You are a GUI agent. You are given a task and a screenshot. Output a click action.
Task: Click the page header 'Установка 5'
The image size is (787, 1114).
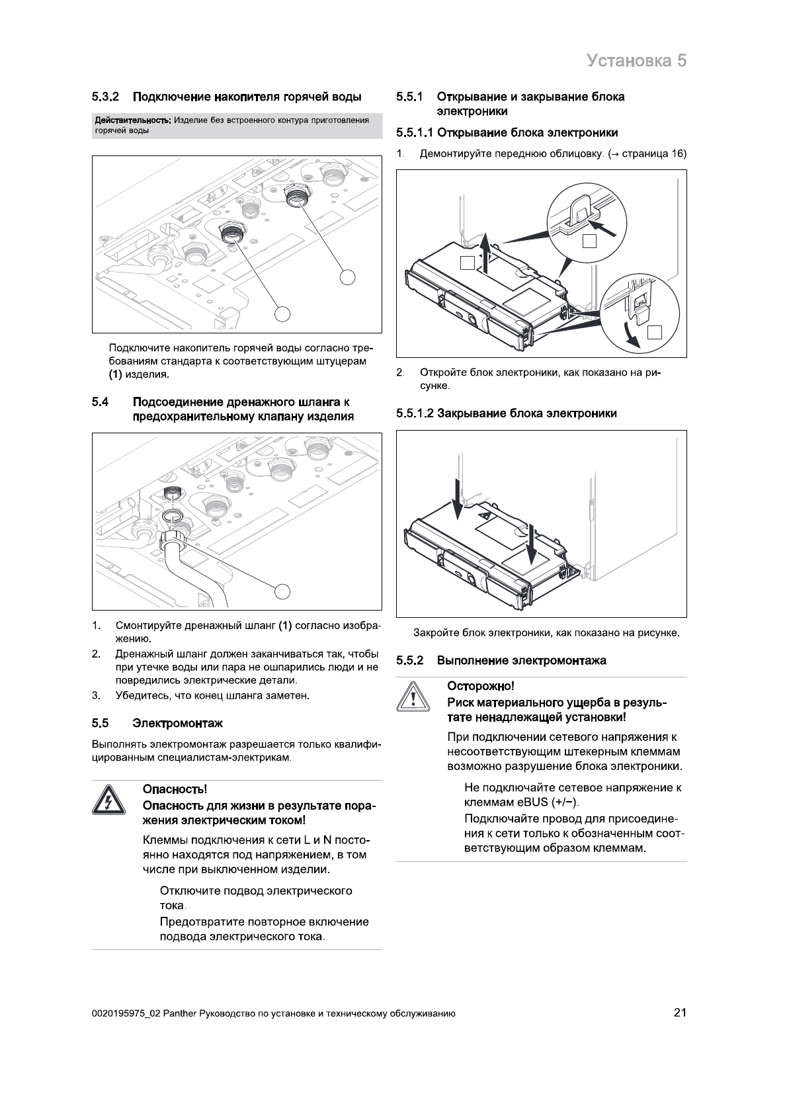(636, 60)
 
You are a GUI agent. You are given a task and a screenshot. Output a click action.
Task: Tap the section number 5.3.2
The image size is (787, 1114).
(105, 97)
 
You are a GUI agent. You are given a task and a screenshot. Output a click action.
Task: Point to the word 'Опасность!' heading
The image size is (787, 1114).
(175, 789)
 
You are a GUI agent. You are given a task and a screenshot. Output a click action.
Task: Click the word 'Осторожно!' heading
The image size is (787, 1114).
(481, 686)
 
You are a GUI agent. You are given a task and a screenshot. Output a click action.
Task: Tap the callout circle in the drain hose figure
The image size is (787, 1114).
(283, 589)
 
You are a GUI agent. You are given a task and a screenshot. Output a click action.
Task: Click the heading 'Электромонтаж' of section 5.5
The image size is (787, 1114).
(178, 723)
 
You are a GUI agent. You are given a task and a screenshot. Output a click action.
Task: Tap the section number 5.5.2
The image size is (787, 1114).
(409, 660)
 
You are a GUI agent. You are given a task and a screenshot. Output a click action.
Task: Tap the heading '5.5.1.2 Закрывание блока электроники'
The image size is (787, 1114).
(507, 413)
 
